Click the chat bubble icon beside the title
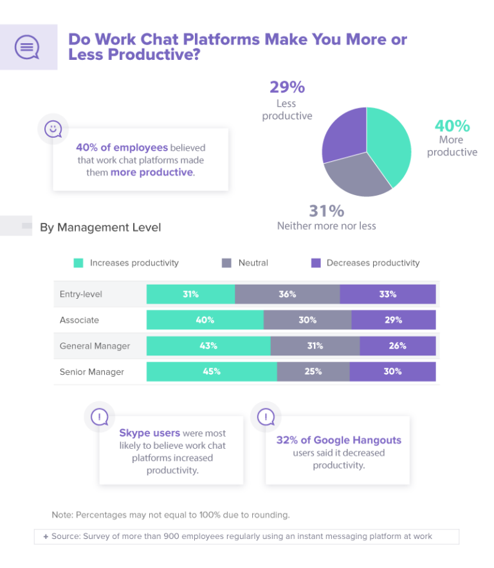click(26, 47)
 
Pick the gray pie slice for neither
click(357, 176)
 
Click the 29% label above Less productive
click(287, 87)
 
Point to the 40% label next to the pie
click(452, 126)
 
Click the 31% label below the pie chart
click(326, 211)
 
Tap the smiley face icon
click(53, 129)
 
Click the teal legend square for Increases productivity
click(78, 263)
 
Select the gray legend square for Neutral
click(226, 263)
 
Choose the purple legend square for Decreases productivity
click(315, 263)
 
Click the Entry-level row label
click(81, 294)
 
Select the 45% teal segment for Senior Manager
click(212, 372)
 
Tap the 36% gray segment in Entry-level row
click(287, 294)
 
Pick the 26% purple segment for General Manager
click(398, 346)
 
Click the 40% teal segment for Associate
click(205, 320)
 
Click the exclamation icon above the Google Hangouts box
click(266, 417)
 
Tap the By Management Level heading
click(100, 227)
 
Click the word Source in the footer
click(66, 536)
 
